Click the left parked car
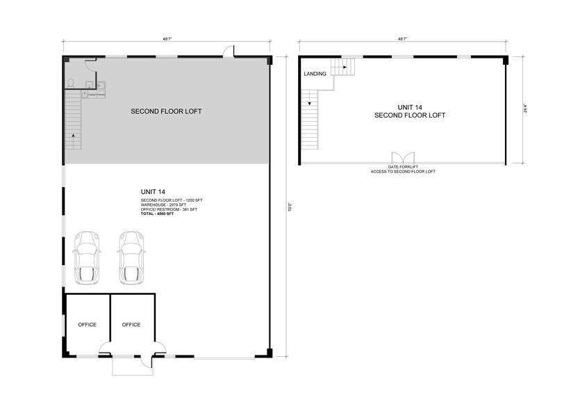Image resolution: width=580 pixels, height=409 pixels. tap(87, 257)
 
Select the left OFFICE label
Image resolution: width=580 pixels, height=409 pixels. tap(87, 325)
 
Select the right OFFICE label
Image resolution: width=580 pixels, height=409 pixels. tap(131, 325)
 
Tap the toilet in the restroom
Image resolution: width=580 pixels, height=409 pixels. tap(70, 83)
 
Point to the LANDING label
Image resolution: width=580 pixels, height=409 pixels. tap(315, 74)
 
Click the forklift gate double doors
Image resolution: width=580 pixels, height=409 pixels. tap(402, 158)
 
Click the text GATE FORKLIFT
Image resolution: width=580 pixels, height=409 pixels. tap(402, 167)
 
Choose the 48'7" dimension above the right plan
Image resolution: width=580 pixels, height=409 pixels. tap(402, 40)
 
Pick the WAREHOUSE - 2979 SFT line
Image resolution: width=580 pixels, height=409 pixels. tap(164, 205)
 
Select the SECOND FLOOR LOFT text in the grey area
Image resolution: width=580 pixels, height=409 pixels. tap(166, 111)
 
